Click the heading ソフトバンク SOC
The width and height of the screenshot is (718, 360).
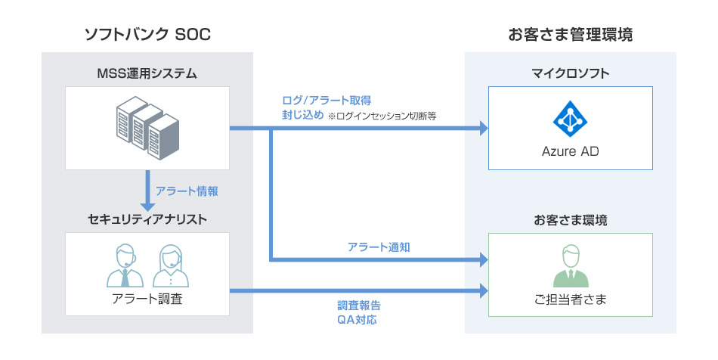click(x=147, y=34)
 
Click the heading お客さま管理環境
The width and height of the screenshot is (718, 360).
click(x=571, y=34)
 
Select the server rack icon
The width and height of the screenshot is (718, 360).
click(x=147, y=126)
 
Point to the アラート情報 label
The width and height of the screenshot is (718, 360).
click(x=187, y=191)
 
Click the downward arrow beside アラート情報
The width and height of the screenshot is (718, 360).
click(x=147, y=194)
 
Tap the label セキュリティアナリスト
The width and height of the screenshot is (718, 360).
click(x=147, y=219)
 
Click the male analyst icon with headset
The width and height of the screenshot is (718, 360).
click(x=125, y=266)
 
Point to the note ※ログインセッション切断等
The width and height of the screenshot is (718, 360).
click(x=382, y=117)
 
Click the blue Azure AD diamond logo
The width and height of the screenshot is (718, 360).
click(x=571, y=117)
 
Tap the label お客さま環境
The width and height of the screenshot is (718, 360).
click(x=571, y=220)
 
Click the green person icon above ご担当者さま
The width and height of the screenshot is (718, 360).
click(x=571, y=266)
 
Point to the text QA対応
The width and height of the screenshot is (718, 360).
click(x=357, y=320)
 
